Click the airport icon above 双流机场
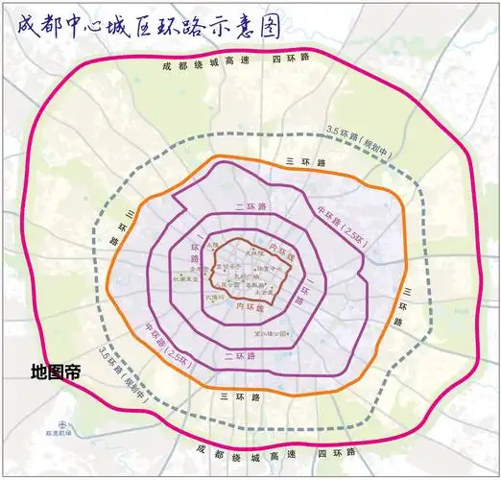(62, 423)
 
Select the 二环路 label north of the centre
(250, 206)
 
